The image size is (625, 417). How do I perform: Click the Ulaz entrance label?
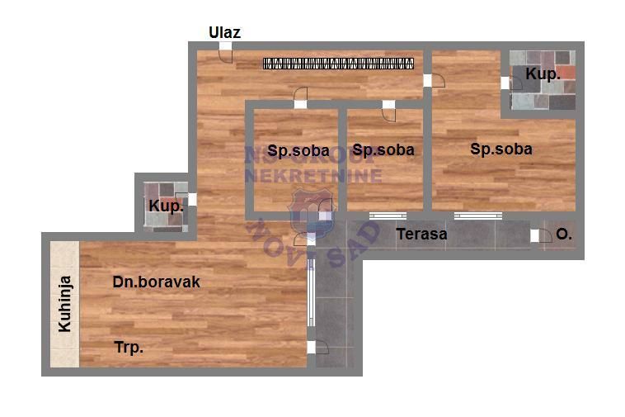click(224, 33)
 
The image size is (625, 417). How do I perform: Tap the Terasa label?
click(421, 234)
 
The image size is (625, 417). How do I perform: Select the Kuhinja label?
click(64, 304)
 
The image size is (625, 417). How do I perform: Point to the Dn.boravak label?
click(157, 282)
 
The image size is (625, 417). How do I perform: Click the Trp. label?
click(129, 348)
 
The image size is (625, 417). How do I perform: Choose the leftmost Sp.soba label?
click(298, 150)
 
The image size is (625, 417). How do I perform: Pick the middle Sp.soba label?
click(383, 150)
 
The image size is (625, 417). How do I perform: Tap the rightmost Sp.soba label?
click(501, 149)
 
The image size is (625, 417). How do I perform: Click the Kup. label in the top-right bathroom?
click(543, 74)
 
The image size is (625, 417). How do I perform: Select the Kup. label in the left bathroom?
click(166, 206)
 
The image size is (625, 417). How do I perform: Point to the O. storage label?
click(564, 235)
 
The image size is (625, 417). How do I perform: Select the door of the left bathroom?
click(190, 199)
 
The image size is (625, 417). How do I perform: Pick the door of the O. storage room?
click(538, 235)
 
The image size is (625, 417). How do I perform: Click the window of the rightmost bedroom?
click(477, 216)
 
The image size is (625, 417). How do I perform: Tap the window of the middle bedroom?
click(388, 216)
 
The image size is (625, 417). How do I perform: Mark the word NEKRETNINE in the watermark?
click(312, 175)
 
